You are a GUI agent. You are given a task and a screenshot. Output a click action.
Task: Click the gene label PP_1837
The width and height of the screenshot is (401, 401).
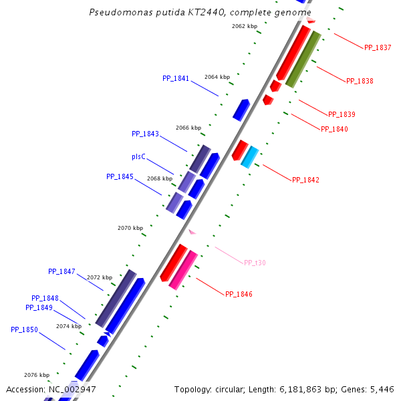[x=378, y=47]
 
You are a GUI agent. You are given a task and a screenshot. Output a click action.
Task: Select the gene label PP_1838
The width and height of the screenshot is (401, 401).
[x=360, y=81]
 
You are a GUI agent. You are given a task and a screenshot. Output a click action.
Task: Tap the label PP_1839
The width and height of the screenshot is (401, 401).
[x=342, y=114]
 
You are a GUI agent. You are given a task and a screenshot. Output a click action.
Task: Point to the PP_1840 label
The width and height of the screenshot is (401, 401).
[x=334, y=129]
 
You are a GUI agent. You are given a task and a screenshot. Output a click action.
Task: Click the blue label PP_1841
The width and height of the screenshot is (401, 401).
[x=176, y=78]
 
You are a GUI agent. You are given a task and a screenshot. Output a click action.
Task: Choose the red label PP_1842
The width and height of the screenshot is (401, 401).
[x=305, y=180]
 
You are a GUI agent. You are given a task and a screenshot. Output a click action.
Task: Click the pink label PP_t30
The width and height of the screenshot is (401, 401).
[x=255, y=263]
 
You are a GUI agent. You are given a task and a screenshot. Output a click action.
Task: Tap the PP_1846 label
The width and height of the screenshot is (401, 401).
[x=239, y=294]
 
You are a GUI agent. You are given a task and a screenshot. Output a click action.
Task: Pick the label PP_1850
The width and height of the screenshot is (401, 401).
[x=24, y=329]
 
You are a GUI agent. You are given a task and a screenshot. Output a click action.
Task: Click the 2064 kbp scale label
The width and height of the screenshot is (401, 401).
[x=217, y=77]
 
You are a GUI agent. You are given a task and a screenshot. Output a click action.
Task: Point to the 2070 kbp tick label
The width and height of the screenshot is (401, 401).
[x=130, y=228]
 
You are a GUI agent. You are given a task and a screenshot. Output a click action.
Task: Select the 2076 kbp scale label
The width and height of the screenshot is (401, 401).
[x=37, y=375]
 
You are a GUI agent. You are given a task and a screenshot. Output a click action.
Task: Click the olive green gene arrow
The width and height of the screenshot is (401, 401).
[x=303, y=59]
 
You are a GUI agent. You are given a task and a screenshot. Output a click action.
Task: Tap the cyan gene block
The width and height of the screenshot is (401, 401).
[x=249, y=157]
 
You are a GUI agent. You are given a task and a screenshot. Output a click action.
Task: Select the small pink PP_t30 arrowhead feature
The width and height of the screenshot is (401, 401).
[x=192, y=232]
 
